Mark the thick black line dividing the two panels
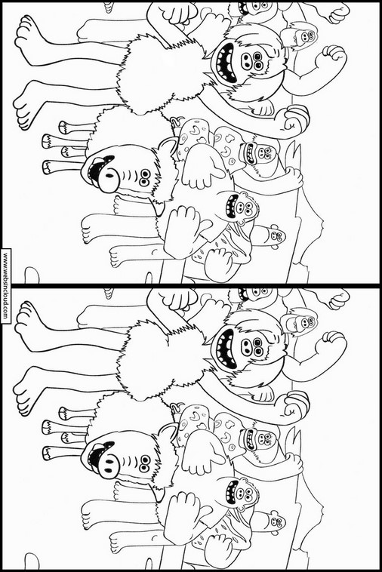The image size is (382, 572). [191, 285]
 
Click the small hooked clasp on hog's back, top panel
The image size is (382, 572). [175, 121]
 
